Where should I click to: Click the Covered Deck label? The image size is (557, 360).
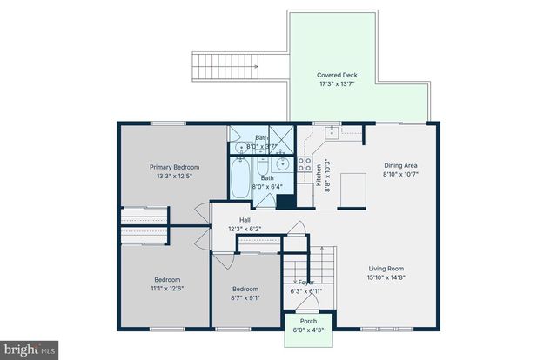click(x=337, y=76)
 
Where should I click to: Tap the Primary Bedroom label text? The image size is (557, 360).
click(x=174, y=167)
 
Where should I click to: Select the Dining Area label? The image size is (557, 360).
click(x=401, y=165)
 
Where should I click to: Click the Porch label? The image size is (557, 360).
click(x=309, y=321)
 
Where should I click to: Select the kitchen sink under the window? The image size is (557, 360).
click(x=332, y=132)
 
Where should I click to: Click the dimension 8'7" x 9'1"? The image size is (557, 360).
click(x=245, y=297)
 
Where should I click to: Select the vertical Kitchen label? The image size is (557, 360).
click(x=319, y=177)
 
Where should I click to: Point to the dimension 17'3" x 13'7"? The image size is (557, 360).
click(x=337, y=85)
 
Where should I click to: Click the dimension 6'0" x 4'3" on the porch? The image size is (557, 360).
click(x=309, y=330)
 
